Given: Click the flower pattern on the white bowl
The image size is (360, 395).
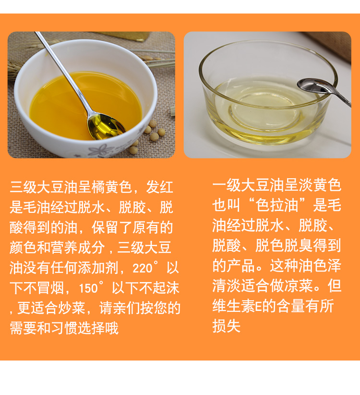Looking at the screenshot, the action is (x=99, y=150).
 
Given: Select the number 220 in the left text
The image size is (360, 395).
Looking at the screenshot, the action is (x=143, y=268).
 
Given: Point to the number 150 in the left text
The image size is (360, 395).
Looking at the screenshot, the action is (x=88, y=288).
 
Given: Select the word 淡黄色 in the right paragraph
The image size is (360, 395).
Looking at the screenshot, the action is (x=320, y=185).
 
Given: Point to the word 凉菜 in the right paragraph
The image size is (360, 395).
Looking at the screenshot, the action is (x=299, y=286).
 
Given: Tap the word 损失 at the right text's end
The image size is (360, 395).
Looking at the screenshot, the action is (x=227, y=326).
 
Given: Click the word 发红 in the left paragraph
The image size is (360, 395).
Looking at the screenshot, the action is (x=159, y=187).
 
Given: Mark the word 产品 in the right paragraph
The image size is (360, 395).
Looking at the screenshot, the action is (x=241, y=266).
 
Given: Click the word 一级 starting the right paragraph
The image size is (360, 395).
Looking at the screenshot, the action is (x=227, y=185).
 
